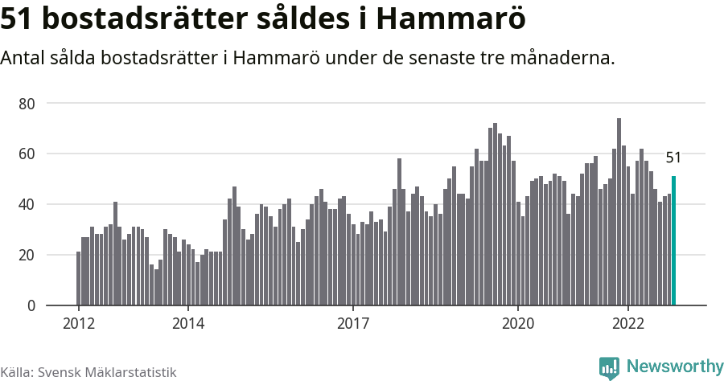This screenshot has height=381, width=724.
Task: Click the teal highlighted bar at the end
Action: coord(673,241)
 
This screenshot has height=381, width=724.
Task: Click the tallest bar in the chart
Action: coord(619,212)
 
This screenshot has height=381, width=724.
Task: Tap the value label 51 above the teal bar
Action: coord(673,158)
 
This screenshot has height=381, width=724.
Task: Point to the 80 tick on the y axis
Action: coord(27,104)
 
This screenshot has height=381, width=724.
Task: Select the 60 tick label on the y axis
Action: coord(27,154)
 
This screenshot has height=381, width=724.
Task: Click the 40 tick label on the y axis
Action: coord(27,205)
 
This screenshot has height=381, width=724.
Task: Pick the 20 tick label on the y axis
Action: coord(27,256)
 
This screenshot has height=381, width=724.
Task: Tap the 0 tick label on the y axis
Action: coord(31,306)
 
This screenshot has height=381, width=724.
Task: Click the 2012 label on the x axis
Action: coord(78,324)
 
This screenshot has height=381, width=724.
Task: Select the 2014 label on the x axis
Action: coord(187,324)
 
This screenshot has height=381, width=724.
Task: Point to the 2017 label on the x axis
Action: coord(352,324)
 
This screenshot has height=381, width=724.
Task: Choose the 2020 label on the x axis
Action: coord(517,324)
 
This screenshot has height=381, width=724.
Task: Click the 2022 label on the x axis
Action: coord(627,324)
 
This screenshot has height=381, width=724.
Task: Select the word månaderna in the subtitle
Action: coord(563,59)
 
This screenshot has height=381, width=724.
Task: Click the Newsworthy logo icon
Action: coord(609,367)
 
